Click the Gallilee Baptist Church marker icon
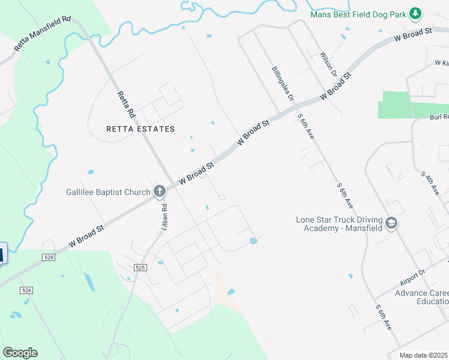[160, 192]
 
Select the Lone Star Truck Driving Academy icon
[391, 224]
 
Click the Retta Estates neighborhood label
[140, 129]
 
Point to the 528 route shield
[49, 257]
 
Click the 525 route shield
[140, 268]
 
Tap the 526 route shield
[26, 290]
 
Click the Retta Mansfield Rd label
[42, 34]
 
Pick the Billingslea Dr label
[282, 83]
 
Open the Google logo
[20, 353]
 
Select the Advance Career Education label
[421, 297]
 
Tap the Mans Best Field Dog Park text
[358, 14]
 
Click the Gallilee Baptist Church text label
[108, 192]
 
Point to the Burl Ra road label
[438, 117]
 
